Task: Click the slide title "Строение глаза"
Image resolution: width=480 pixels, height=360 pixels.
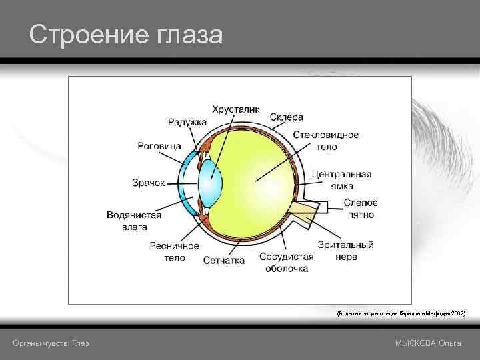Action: [126, 35]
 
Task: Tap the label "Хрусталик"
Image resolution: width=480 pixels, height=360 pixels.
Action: [236, 109]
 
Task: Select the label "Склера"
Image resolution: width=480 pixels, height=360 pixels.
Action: [287, 118]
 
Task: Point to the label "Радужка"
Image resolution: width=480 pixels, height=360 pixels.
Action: [187, 122]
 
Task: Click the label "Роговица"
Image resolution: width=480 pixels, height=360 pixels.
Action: [159, 146]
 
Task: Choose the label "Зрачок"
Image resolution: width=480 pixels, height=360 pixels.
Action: [148, 183]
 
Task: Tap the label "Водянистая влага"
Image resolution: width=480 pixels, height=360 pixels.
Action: [134, 221]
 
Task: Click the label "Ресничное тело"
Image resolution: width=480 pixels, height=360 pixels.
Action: [174, 252]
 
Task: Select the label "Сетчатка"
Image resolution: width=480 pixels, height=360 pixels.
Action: [223, 259]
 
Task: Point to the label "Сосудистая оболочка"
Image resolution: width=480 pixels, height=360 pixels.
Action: [287, 262]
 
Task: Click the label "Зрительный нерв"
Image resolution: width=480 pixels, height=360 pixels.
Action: [346, 251]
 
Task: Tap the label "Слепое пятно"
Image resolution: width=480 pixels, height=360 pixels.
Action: [361, 209]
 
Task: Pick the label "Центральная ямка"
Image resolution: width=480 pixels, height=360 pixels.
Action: [341, 180]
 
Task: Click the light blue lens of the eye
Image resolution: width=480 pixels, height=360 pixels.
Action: [211, 180]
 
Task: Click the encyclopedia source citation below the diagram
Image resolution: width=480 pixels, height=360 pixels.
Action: [401, 312]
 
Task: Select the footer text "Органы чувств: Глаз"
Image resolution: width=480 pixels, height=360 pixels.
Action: [51, 343]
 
